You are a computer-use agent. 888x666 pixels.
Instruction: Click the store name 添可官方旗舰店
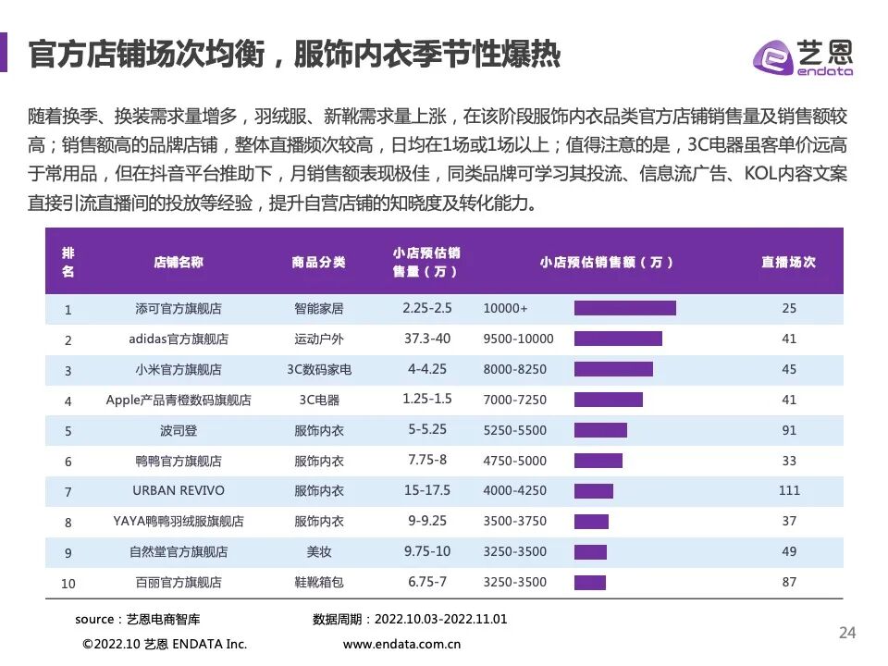tap(179, 309)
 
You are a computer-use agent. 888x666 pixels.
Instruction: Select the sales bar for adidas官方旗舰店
tap(618, 339)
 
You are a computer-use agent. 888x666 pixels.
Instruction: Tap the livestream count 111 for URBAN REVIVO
tap(788, 490)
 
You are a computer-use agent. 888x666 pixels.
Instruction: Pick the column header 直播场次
tap(788, 262)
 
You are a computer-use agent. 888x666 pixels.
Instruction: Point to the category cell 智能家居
tap(318, 309)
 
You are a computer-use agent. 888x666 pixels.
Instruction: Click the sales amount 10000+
tap(505, 309)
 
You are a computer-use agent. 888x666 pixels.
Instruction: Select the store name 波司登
tap(179, 430)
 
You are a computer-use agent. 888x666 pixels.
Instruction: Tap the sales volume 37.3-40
tap(426, 339)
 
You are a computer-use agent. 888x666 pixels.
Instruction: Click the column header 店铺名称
tap(179, 262)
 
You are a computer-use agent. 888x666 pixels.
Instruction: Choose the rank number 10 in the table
tap(68, 583)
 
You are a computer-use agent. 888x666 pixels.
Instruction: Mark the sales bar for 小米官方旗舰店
tap(613, 369)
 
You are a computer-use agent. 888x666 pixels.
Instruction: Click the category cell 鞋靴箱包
tap(318, 582)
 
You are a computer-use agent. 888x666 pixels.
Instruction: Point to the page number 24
tap(846, 633)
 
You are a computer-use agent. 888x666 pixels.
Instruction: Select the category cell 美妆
tap(318, 552)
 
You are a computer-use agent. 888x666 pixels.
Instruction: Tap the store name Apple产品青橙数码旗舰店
tap(179, 401)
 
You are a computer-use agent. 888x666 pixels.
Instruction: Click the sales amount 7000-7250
tap(514, 401)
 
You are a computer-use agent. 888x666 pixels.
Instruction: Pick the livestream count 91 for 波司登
tap(788, 430)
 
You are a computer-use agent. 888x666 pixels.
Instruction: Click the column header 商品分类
tap(318, 262)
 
